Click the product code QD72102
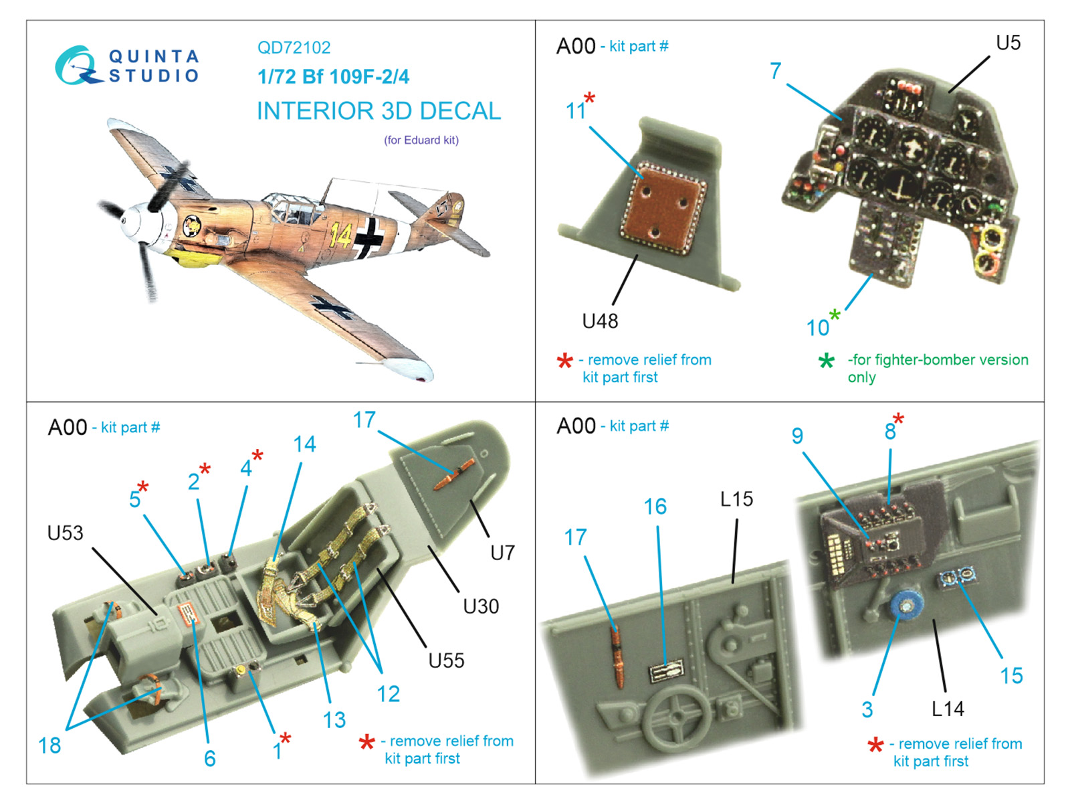[x=294, y=48]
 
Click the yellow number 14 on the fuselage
[x=340, y=235]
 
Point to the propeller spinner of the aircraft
[x=137, y=220]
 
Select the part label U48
[x=600, y=322]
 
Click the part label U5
[x=1008, y=43]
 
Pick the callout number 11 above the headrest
[x=576, y=111]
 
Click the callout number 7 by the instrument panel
[x=775, y=71]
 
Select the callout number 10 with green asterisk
[x=818, y=328]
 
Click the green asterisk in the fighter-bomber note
[x=827, y=361]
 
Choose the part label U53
[x=65, y=533]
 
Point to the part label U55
[x=446, y=661]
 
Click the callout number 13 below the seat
[x=334, y=720]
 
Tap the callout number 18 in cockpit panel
[x=49, y=745]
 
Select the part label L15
[x=736, y=499]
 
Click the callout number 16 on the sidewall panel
[x=655, y=507]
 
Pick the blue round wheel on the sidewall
[x=906, y=606]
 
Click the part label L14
[x=948, y=709]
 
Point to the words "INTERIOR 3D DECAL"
[x=379, y=111]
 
